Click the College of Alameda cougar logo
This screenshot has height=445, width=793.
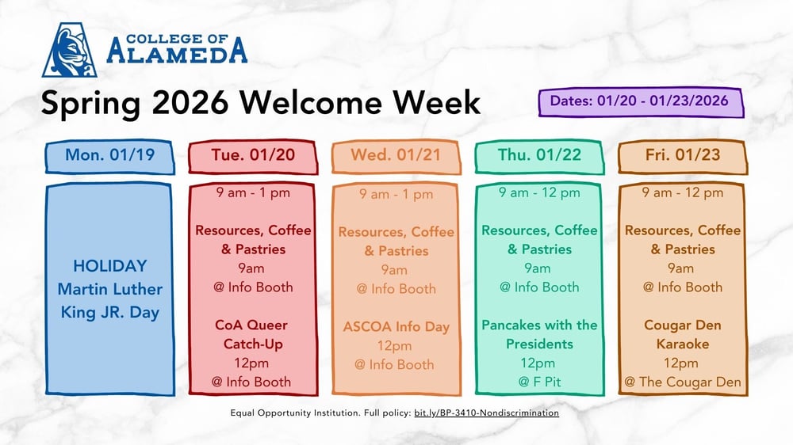(70, 50)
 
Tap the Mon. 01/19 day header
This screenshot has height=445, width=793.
(110, 155)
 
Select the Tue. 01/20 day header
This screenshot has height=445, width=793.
(253, 155)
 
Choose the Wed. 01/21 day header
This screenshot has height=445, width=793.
(396, 155)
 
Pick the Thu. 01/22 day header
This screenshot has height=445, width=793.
(539, 155)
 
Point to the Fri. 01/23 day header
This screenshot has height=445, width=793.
(682, 155)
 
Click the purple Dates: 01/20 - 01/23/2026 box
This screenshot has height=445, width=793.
(643, 101)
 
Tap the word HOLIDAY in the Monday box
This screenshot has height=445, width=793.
(110, 265)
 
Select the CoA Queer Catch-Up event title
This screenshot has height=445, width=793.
(251, 335)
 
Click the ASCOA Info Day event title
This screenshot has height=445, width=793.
(396, 326)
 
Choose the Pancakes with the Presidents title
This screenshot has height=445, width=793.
(539, 335)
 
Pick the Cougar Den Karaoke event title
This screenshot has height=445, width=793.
(682, 335)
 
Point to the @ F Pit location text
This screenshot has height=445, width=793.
(539, 382)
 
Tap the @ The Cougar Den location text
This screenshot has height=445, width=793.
(682, 382)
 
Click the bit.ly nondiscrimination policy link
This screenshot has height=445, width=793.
(486, 413)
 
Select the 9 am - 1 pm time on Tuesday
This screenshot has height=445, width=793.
(253, 192)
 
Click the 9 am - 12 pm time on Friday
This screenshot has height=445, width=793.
(682, 192)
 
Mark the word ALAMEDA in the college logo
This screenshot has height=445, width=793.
(177, 53)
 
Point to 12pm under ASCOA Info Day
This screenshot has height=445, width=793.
(394, 345)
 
